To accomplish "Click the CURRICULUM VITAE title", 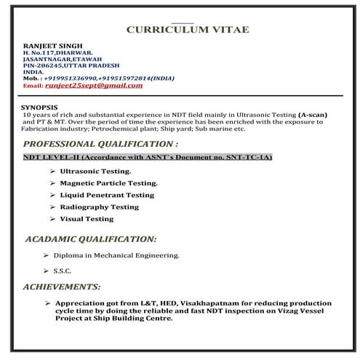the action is click(x=187, y=29).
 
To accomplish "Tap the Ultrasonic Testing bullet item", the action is click(x=95, y=172).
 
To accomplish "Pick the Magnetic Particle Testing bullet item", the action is click(x=108, y=183).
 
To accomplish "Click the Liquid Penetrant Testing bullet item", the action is click(x=107, y=195).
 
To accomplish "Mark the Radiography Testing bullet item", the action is click(x=99, y=207).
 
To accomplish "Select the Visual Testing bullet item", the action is click(x=87, y=218).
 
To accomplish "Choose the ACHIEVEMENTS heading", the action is click(x=61, y=287).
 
